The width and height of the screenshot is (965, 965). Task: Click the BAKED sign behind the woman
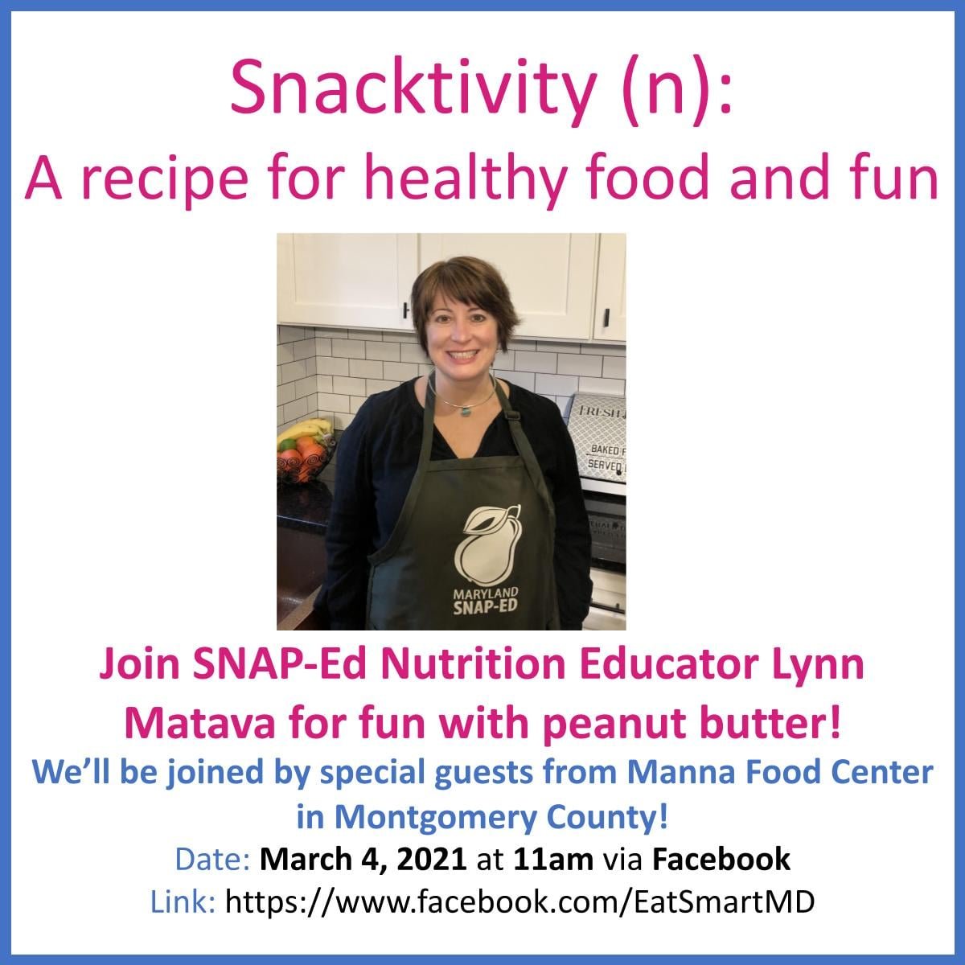[x=606, y=450]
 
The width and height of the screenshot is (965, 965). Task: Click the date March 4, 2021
[x=363, y=860]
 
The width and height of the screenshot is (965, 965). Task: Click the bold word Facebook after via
[x=721, y=860]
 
